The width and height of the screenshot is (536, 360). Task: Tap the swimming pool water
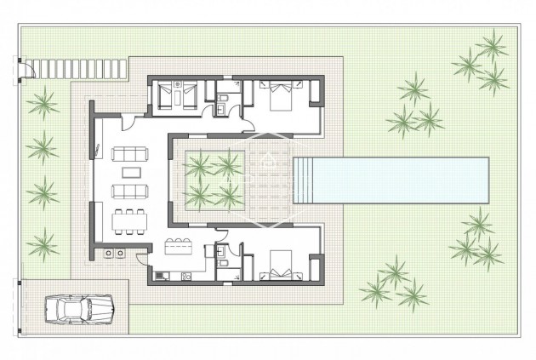tap(400, 180)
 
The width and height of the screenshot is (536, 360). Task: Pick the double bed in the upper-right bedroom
tap(280, 96)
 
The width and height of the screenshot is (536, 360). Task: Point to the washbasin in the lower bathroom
tap(220, 253)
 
